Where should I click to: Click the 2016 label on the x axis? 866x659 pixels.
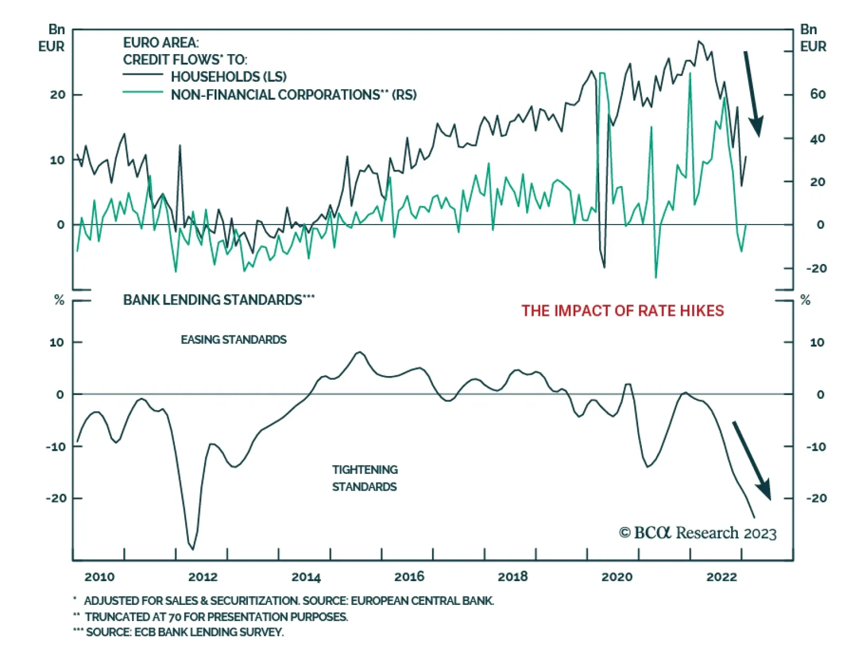tap(409, 577)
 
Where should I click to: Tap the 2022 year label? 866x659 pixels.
tap(721, 577)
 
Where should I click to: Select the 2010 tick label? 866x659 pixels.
tap(99, 577)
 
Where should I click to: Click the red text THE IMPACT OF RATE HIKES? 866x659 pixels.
tap(622, 311)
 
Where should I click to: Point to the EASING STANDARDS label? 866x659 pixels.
tap(233, 340)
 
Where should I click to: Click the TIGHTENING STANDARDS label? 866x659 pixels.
tap(365, 478)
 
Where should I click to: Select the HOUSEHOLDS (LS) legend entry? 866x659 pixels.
tap(228, 77)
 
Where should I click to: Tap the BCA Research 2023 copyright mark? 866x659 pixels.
tap(698, 533)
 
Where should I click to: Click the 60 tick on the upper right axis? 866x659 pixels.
tap(817, 94)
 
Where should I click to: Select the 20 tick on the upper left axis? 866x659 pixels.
tap(57, 95)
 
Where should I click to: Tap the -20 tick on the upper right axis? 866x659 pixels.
tap(816, 268)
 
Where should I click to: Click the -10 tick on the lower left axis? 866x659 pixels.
tap(56, 447)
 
